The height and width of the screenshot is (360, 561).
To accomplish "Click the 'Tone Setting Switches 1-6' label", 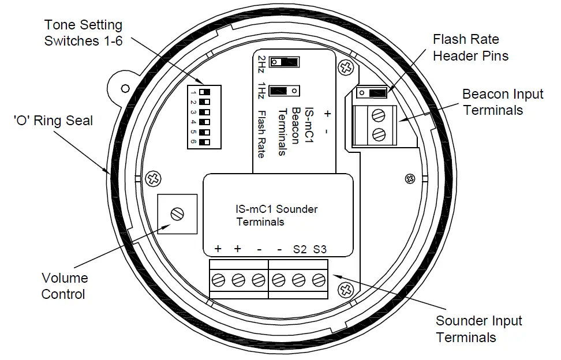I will click(84, 33).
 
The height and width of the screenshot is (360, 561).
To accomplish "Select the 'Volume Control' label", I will click(63, 286).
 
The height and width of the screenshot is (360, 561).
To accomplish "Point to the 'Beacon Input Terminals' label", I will click(503, 102).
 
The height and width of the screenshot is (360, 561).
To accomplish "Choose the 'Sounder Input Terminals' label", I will click(478, 329).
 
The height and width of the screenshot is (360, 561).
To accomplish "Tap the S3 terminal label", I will click(319, 249).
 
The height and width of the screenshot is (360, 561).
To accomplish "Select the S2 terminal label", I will click(300, 249).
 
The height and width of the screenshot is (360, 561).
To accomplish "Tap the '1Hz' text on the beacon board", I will click(261, 91).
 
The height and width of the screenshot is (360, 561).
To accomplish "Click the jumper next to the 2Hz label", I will click(285, 62).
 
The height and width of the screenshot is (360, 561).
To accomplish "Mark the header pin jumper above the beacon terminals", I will click(372, 93).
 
